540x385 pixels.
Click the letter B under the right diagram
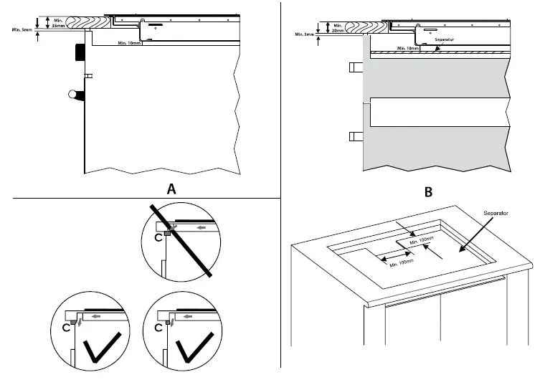pos(429,191)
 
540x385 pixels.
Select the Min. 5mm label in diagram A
pos(23,30)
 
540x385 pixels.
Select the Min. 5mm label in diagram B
pos(305,34)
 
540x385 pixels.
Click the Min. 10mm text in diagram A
pos(130,43)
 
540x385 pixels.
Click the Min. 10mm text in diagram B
pos(409,48)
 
